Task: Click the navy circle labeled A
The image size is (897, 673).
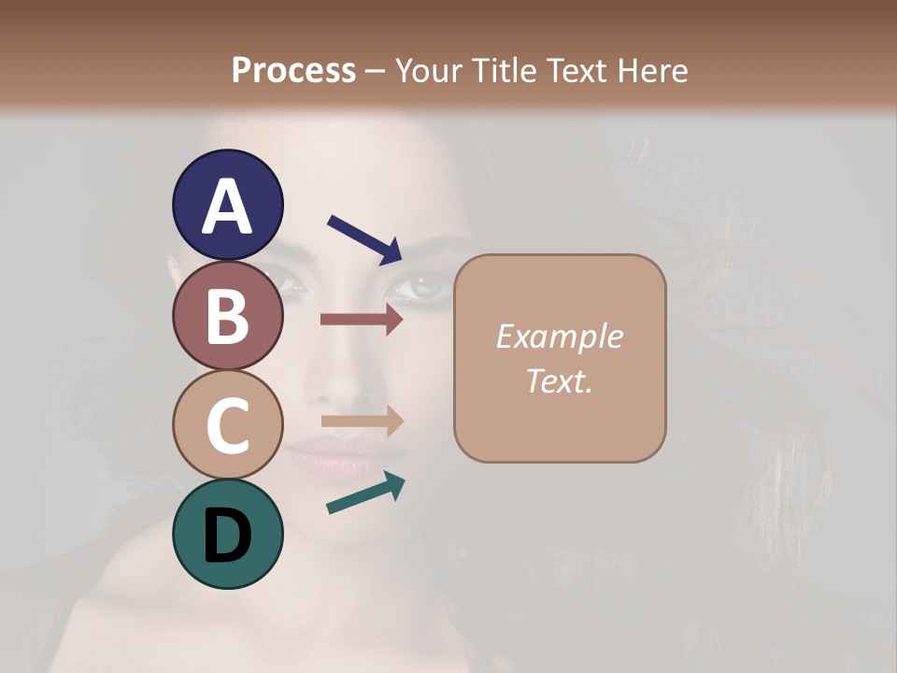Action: click(x=227, y=205)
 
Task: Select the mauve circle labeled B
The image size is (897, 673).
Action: click(x=227, y=315)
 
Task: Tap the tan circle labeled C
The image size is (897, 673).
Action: click(x=227, y=424)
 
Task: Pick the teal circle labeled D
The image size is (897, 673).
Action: click(x=227, y=534)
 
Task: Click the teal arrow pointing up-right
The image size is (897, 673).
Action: click(x=365, y=493)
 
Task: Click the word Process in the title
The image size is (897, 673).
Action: click(x=293, y=70)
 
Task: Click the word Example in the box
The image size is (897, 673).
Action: click(x=559, y=337)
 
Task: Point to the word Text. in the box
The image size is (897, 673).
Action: click(x=559, y=380)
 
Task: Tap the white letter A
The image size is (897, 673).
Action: click(x=227, y=207)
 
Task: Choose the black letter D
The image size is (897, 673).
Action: click(x=227, y=536)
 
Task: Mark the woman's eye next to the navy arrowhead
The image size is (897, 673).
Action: click(x=426, y=284)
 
